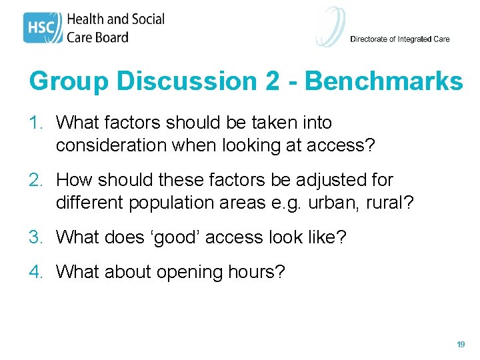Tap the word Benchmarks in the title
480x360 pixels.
pos(383,81)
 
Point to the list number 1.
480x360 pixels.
pos(37,123)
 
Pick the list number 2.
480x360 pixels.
pos(37,180)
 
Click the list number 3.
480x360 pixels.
pos(37,237)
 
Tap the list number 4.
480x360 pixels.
pos(37,272)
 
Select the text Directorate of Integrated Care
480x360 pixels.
pos(399,39)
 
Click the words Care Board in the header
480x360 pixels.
pos(97,37)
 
